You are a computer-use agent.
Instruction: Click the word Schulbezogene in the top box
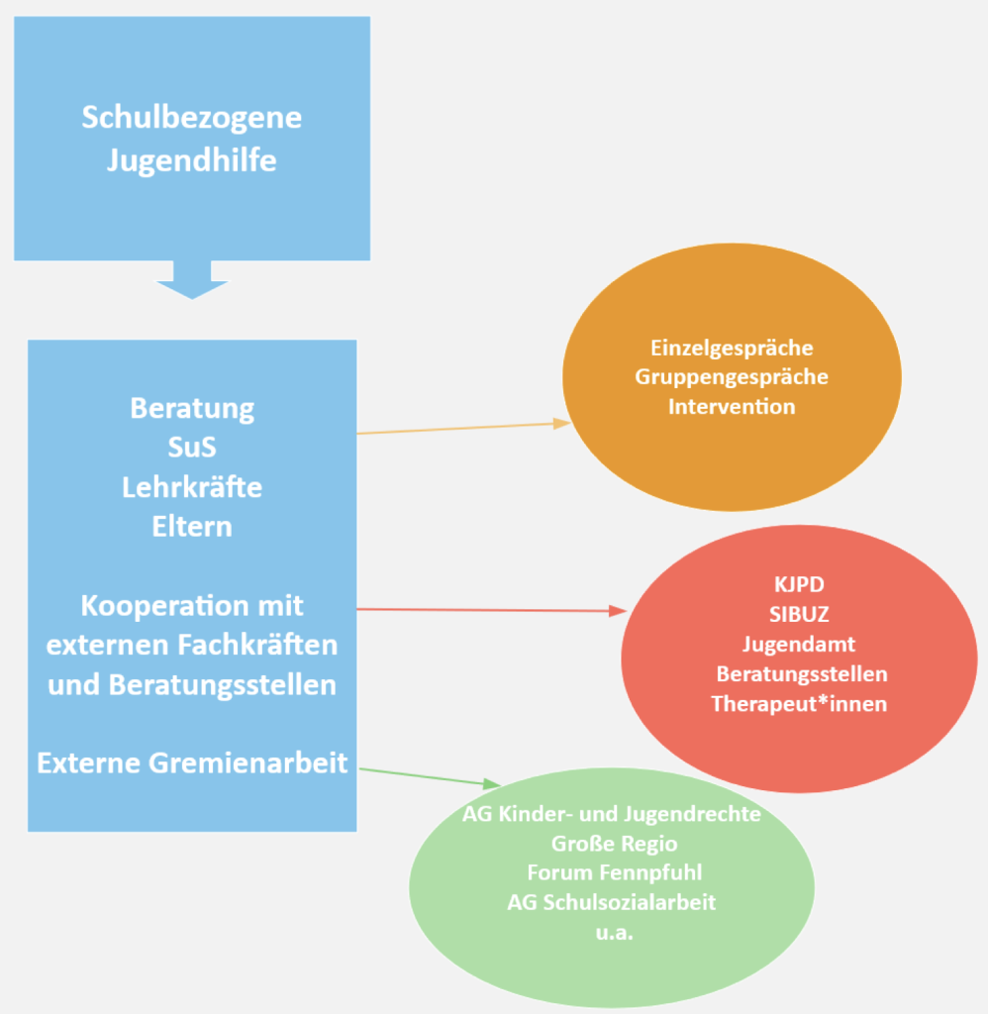tap(191, 117)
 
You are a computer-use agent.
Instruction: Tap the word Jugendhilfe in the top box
tap(191, 159)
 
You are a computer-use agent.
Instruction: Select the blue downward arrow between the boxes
tap(192, 279)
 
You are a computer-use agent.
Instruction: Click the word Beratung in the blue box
tap(192, 408)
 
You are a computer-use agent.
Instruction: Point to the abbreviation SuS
tap(192, 448)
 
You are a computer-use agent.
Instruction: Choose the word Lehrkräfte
tap(192, 487)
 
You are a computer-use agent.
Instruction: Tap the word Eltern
tap(192, 527)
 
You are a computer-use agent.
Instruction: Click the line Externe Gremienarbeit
tap(192, 763)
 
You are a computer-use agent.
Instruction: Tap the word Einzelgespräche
tap(732, 348)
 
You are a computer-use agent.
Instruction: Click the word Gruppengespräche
tap(732, 377)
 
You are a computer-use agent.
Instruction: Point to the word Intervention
tap(732, 406)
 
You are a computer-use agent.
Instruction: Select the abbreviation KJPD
tap(798, 583)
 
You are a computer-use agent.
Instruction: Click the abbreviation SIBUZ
tap(798, 614)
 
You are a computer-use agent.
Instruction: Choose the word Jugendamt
tap(798, 644)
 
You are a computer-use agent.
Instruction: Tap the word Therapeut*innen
tap(798, 704)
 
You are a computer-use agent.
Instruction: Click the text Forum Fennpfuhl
tap(611, 872)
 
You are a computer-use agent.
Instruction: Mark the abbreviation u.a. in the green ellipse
tap(613, 932)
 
